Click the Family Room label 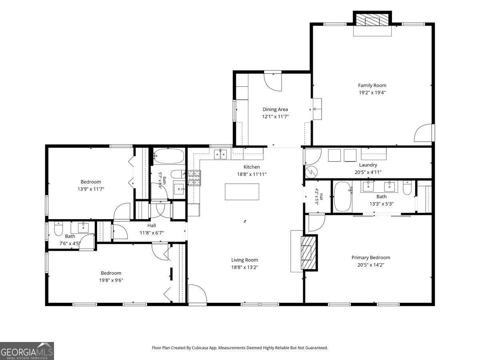pyautogui.click(x=372, y=86)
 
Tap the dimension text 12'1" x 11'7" pyautogui.click(x=275, y=116)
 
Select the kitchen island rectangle pyautogui.click(x=242, y=192)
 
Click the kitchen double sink pyautogui.click(x=220, y=154)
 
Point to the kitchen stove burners pyautogui.click(x=194, y=178)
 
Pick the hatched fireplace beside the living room pyautogui.click(x=308, y=253)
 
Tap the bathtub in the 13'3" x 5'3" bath pyautogui.click(x=342, y=196)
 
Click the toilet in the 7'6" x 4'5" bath pyautogui.click(x=58, y=229)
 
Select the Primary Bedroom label pyautogui.click(x=371, y=258)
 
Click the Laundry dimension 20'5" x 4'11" pyautogui.click(x=368, y=172)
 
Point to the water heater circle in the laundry pyautogui.click(x=311, y=172)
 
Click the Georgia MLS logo pyautogui.click(x=27, y=351)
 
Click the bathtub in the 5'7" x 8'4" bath pyautogui.click(x=169, y=156)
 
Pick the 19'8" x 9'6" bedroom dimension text pyautogui.click(x=111, y=280)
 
